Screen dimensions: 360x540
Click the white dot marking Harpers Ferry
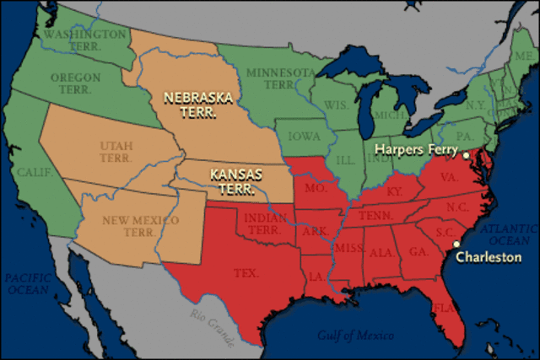pos(466,156)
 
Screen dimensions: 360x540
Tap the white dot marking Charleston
pos(456,244)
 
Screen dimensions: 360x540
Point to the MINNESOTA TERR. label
pos(286,78)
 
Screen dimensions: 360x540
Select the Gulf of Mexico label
pos(356,336)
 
